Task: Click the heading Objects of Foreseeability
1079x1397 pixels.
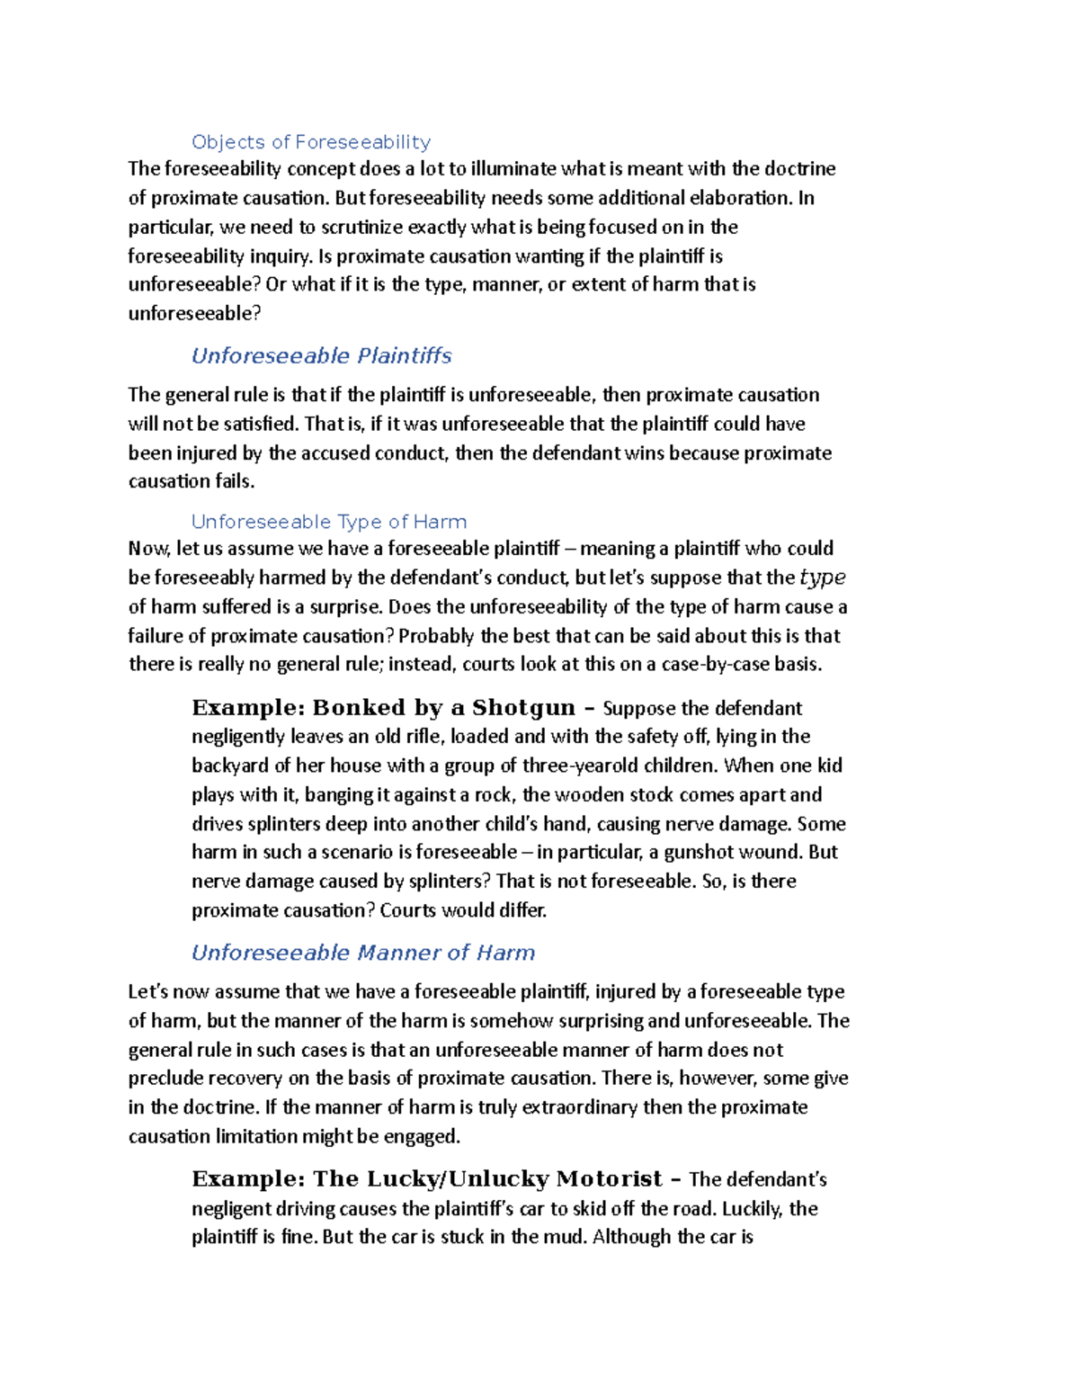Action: click(x=311, y=142)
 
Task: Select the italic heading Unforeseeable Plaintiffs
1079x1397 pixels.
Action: click(x=321, y=356)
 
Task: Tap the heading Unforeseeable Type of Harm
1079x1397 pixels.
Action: click(x=329, y=522)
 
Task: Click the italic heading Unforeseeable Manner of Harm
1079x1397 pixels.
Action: click(x=363, y=953)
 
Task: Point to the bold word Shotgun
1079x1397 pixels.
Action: click(x=523, y=708)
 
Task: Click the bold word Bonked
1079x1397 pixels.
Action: click(x=359, y=708)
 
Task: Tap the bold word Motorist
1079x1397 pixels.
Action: click(x=609, y=1179)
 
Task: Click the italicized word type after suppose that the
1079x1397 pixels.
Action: click(x=822, y=578)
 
